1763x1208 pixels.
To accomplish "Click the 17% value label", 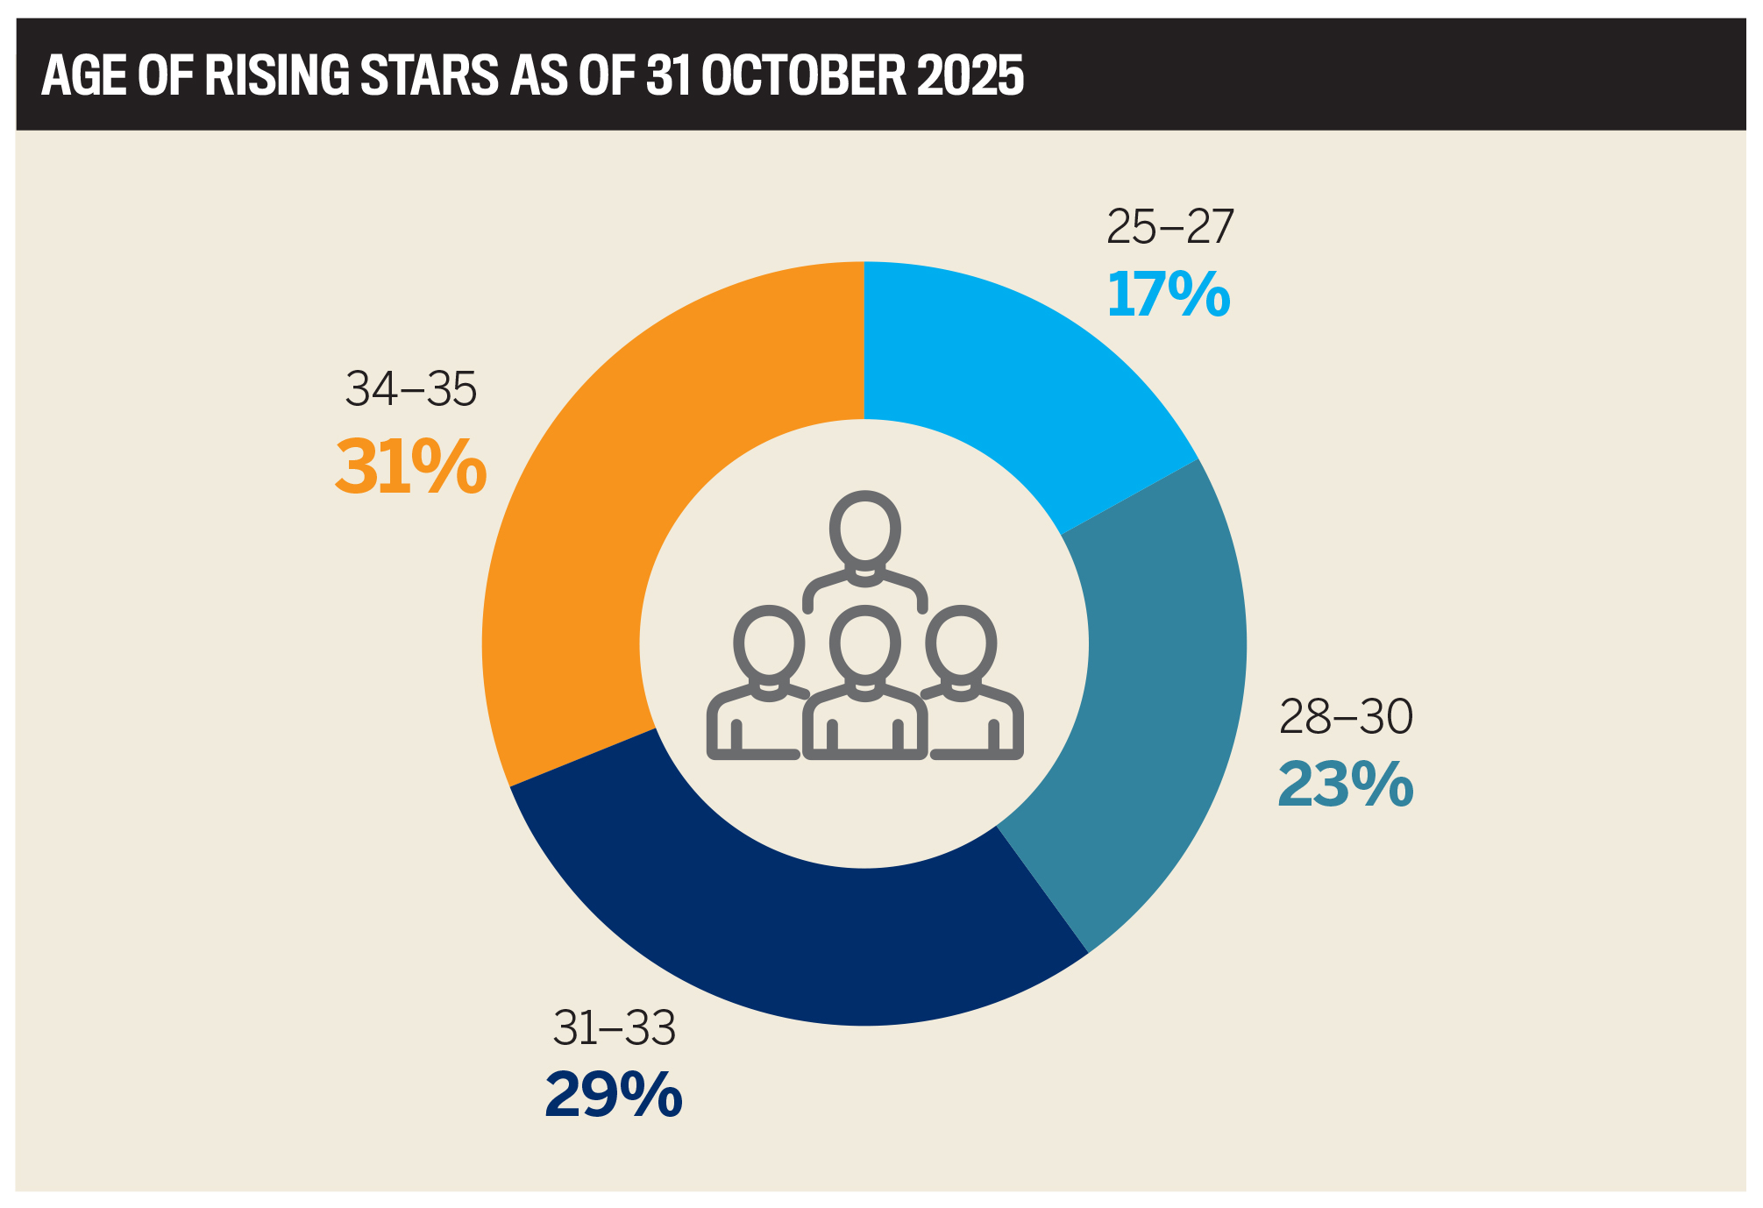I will tap(1169, 295).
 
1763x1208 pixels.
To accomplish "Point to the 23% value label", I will tap(1345, 785).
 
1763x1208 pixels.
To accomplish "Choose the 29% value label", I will tap(614, 1095).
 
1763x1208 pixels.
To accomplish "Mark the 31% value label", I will tap(410, 467).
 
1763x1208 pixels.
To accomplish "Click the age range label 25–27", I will tap(1169, 227).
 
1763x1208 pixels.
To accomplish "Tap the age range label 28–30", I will tap(1346, 717).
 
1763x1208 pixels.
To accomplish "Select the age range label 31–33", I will tap(614, 1028).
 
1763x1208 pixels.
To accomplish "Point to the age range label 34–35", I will tap(410, 389).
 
